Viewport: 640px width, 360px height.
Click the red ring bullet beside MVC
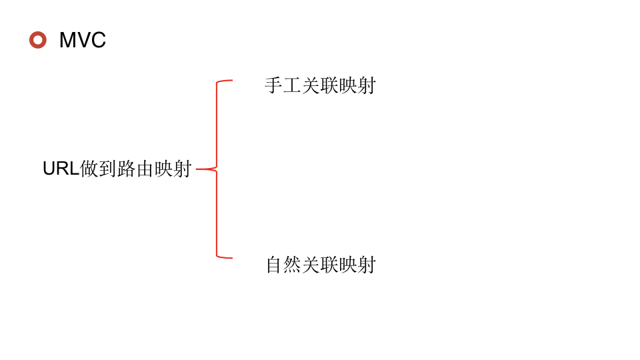(38, 40)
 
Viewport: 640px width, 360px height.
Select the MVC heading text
(83, 40)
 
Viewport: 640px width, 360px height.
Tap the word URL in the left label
(61, 169)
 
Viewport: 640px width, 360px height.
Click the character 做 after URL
(89, 169)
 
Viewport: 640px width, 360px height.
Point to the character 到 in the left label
(107, 169)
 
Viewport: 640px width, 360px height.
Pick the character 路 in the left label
(126, 169)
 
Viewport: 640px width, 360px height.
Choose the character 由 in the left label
(145, 169)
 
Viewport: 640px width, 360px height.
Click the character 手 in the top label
(273, 85)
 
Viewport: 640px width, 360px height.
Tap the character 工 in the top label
(292, 85)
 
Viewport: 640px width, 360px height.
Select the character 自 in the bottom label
(274, 265)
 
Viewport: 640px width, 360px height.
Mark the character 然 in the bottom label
(293, 265)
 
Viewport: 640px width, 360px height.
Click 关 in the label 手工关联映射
(311, 85)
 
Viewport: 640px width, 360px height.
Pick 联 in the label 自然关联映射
(329, 265)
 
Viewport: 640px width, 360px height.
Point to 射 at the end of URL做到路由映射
(182, 169)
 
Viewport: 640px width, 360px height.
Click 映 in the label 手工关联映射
(348, 85)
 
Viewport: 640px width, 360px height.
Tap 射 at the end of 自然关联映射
(367, 265)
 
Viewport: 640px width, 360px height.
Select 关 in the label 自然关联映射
(311, 265)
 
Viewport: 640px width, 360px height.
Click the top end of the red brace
(231, 81)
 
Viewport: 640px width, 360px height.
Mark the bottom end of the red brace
(231, 257)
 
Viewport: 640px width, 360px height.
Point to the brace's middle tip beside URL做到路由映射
(198, 169)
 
